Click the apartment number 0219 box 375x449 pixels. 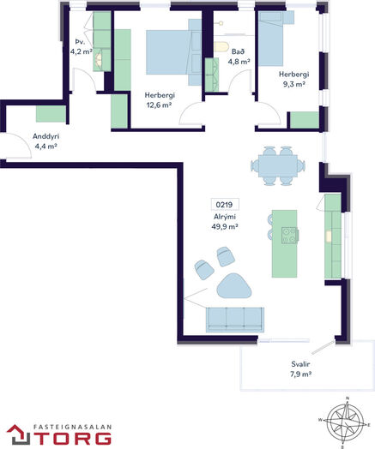pos(225,205)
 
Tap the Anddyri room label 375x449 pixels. pos(45,136)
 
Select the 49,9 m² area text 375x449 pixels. pos(225,226)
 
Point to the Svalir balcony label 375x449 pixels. pos(300,364)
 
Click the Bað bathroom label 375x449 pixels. pos(239,51)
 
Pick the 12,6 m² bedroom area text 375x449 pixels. pos(159,105)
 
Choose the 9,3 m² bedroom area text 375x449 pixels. pos(294,84)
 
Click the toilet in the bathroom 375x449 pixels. pos(221,46)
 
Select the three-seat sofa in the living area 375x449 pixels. pos(235,320)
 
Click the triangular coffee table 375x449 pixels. pos(233,286)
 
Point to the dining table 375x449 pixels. pos(278,165)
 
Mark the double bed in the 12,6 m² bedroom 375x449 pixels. pos(173,52)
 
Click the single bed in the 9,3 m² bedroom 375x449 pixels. pos(271,39)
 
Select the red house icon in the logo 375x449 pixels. pos(19,434)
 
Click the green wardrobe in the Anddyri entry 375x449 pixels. pos(51,114)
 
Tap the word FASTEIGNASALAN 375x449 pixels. pos(72,427)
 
